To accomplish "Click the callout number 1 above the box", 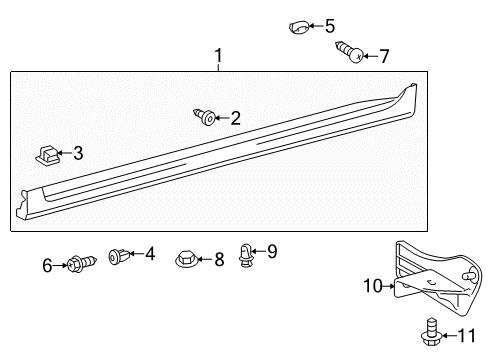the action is click(x=218, y=56).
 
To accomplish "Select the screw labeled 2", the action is click(x=204, y=116).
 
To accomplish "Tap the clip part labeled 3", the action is click(x=47, y=155).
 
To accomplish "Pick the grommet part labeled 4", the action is click(x=119, y=256).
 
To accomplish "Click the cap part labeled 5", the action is click(x=299, y=27).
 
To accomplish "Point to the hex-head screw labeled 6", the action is click(x=82, y=263).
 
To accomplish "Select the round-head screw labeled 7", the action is click(x=349, y=52).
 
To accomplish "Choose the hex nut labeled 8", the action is click(x=187, y=259).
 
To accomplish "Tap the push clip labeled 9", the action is click(x=246, y=255).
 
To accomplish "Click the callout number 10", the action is click(x=373, y=286).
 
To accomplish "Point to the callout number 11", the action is click(x=466, y=336).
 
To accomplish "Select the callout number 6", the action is click(x=47, y=266).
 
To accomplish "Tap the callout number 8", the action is click(x=219, y=259).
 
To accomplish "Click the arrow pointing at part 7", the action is click(x=370, y=56).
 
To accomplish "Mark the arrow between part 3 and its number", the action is click(x=65, y=153).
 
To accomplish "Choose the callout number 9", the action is click(x=272, y=251).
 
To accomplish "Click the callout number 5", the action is click(x=330, y=26).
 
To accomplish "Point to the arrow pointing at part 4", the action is click(x=137, y=254).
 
